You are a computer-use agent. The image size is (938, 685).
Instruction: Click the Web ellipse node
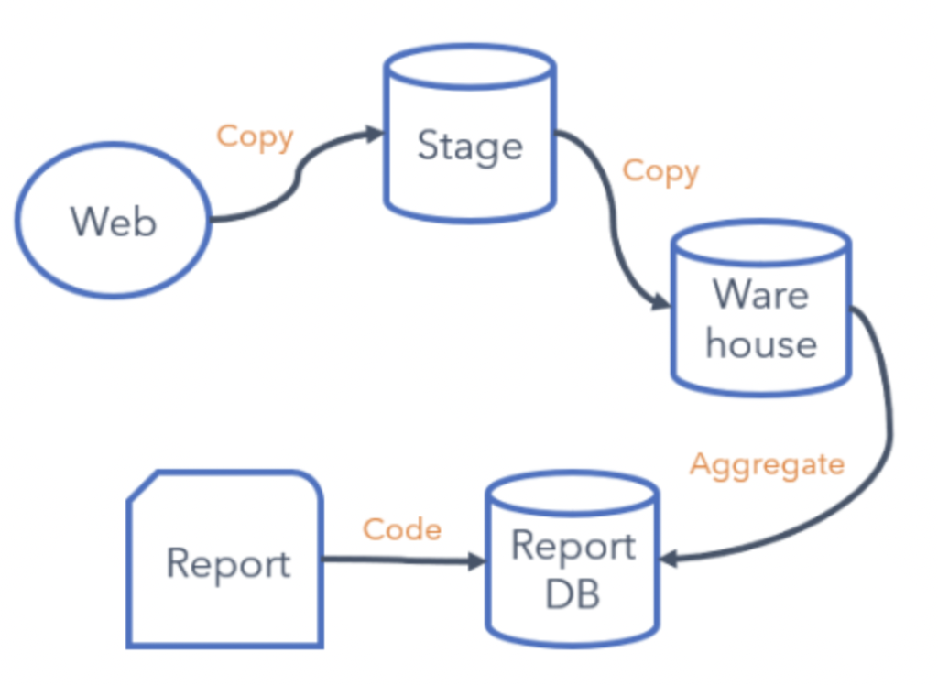pos(113,221)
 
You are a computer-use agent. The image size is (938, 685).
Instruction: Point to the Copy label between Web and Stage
pos(255,137)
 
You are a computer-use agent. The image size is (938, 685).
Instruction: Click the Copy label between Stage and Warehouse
pos(660,171)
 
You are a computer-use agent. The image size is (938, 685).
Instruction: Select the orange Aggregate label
pos(767,464)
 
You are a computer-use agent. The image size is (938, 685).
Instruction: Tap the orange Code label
pos(402,529)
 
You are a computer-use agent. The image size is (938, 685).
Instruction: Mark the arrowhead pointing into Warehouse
pos(661,303)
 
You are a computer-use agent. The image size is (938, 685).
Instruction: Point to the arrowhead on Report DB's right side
pos(669,559)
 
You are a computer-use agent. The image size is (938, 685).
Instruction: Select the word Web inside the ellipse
pos(113,221)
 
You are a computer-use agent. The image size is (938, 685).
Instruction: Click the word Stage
pos(469,147)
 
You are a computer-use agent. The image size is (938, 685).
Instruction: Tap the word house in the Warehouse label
pos(760,344)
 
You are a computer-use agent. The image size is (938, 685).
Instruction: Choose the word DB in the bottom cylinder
pos(573,593)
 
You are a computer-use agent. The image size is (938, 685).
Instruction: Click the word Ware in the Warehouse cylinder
pos(760,295)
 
